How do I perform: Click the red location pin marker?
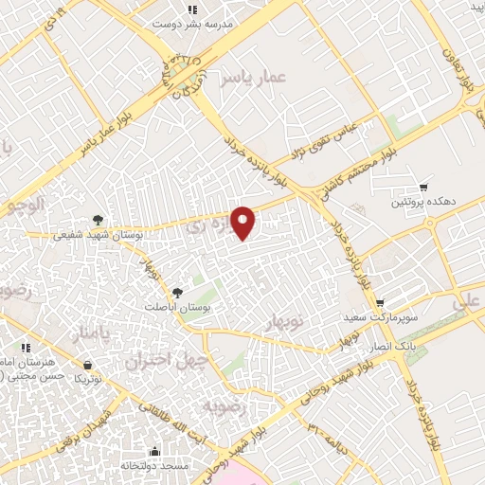[x=243, y=222]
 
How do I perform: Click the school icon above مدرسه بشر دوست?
[x=192, y=9]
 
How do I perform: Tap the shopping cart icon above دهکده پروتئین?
[x=423, y=188]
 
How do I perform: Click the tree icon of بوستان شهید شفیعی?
[x=99, y=221]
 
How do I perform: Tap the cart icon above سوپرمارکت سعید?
[x=380, y=303]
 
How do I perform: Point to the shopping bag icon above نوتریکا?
[x=88, y=365]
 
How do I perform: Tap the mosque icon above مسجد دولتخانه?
[x=154, y=452]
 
